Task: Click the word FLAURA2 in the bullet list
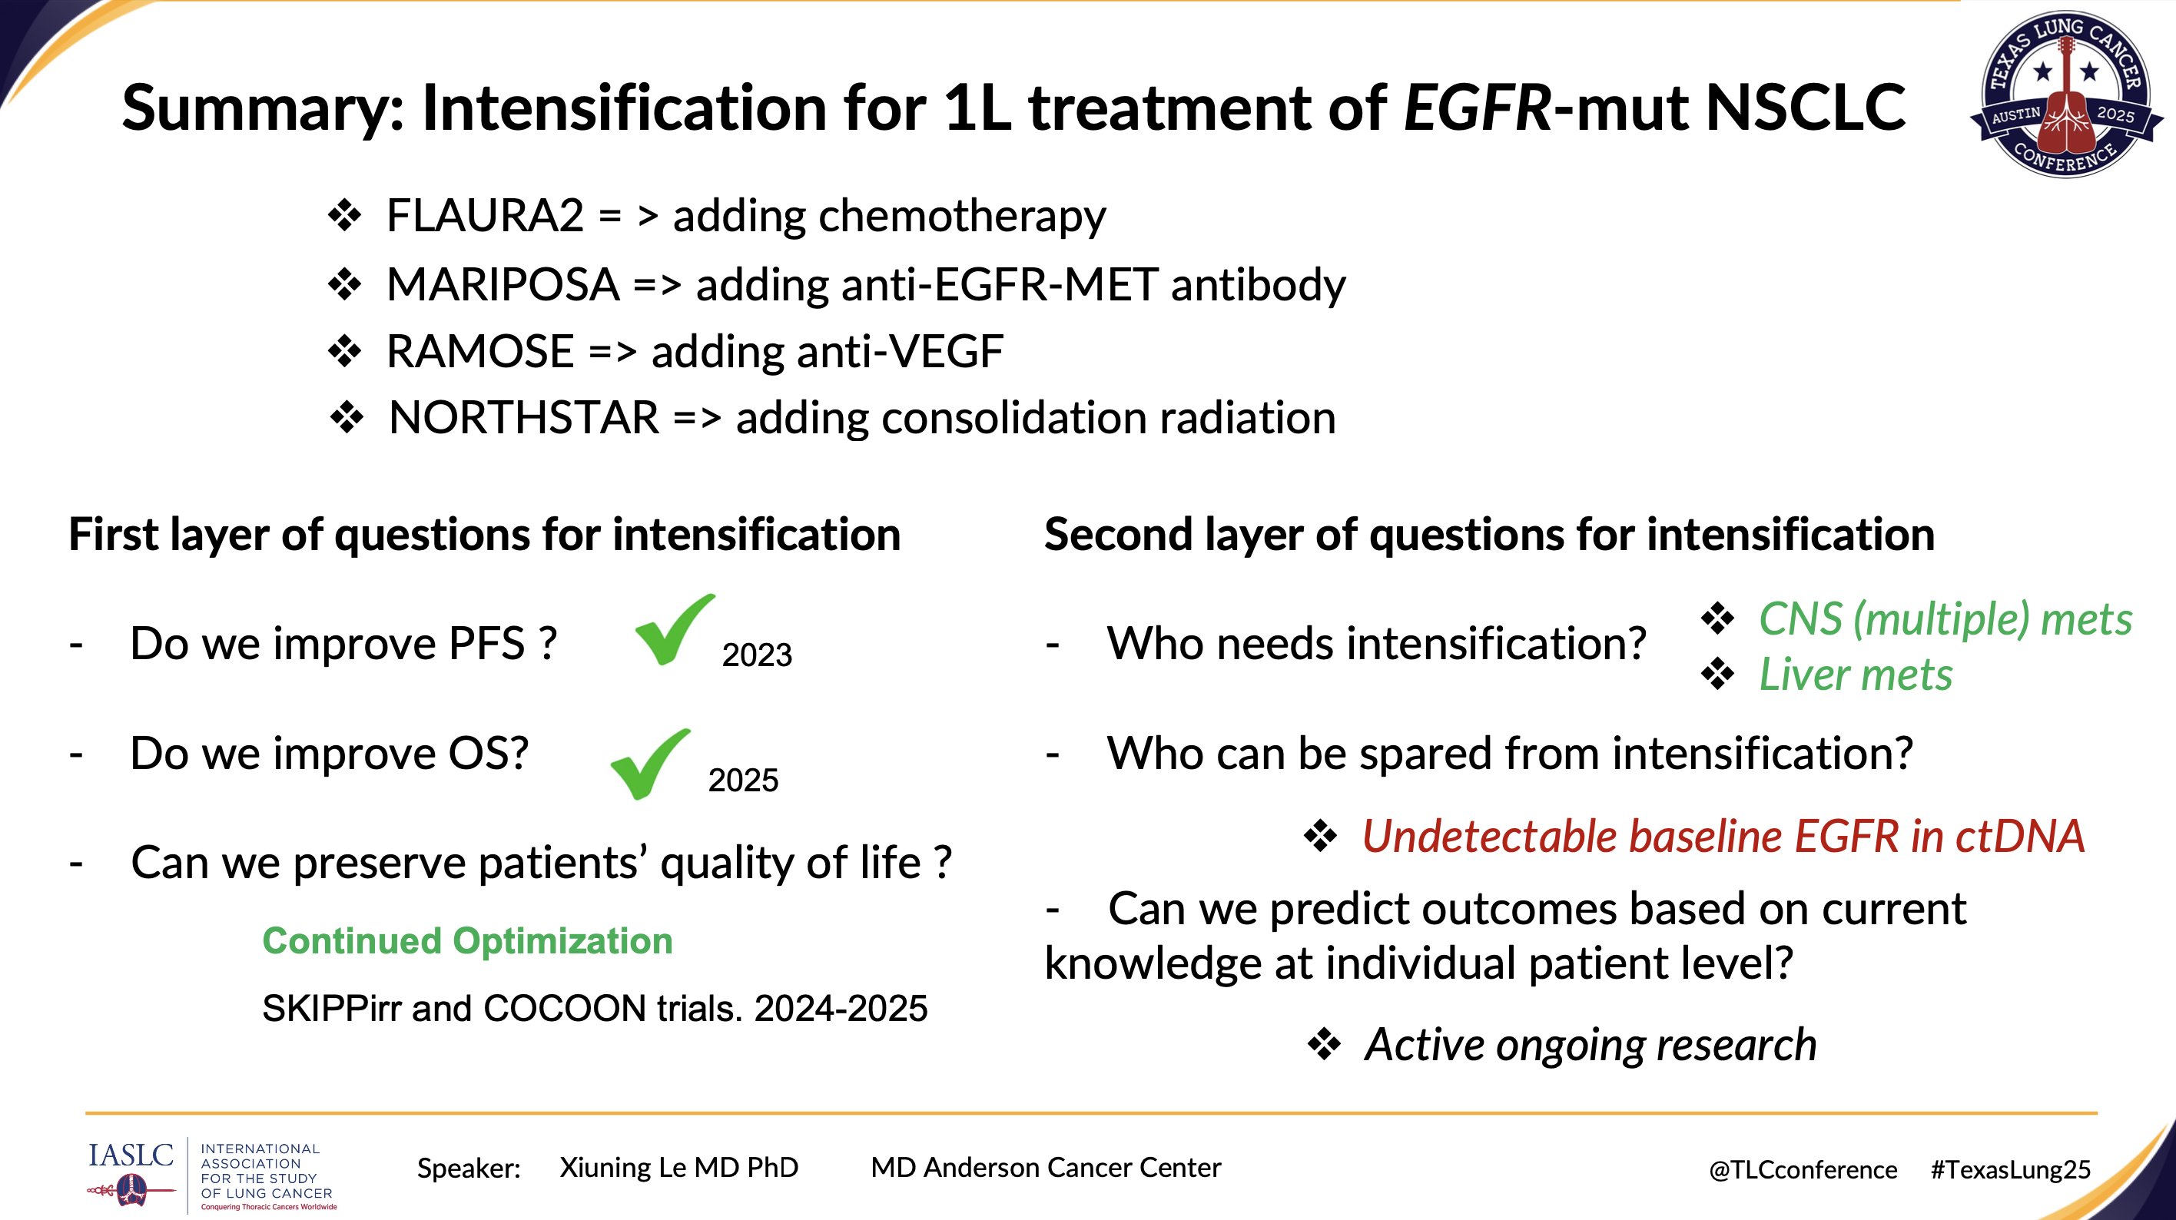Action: tap(485, 215)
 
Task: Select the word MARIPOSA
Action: tap(503, 284)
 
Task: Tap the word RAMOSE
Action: tap(479, 351)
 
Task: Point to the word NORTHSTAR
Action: tap(524, 418)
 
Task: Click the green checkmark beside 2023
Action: tap(674, 629)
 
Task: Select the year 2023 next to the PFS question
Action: tap(757, 655)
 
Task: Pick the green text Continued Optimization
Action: tap(467, 941)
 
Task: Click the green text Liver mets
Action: tap(1856, 675)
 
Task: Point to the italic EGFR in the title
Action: tap(1478, 108)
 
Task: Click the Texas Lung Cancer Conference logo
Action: tap(2065, 94)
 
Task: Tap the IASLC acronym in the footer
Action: tap(131, 1155)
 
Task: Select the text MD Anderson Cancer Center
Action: tap(1046, 1168)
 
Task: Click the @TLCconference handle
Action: tap(1803, 1170)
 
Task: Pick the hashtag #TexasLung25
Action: tap(2011, 1170)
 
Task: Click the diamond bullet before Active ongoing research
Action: tap(1324, 1045)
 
